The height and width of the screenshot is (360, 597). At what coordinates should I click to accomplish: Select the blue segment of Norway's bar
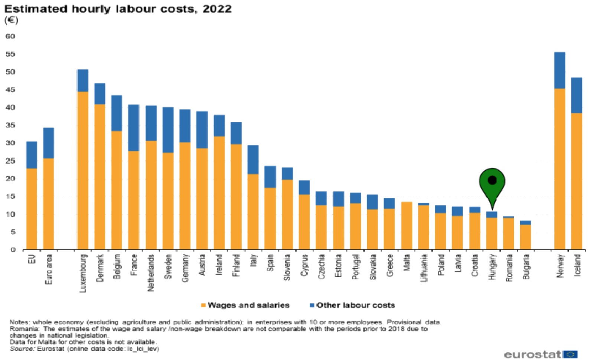pyautogui.click(x=560, y=71)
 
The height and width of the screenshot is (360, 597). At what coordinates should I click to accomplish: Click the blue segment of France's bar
pyautogui.click(x=134, y=128)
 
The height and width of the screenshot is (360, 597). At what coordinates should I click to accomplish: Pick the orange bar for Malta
pyautogui.click(x=407, y=225)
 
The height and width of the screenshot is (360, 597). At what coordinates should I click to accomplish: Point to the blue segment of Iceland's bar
pyautogui.click(x=577, y=95)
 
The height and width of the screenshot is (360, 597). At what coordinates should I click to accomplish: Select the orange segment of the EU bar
pyautogui.click(x=32, y=209)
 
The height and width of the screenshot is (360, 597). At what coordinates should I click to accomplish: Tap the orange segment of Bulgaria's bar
pyautogui.click(x=525, y=237)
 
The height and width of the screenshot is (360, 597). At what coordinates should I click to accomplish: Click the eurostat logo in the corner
pyautogui.click(x=540, y=354)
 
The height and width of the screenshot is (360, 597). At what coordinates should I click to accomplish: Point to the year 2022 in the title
pyautogui.click(x=217, y=9)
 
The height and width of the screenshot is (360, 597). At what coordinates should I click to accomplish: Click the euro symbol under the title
pyautogui.click(x=11, y=21)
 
